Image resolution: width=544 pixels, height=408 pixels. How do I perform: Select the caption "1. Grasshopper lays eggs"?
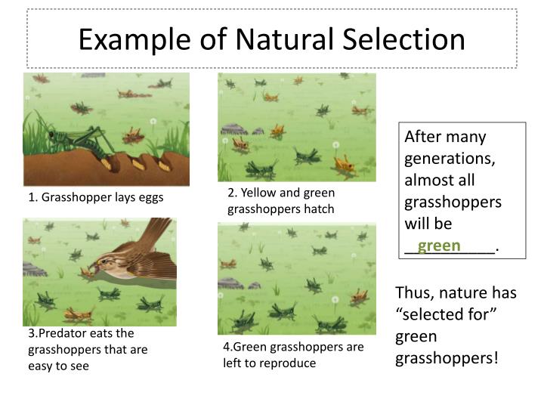point(96,198)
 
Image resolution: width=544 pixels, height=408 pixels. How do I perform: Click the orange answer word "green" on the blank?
point(439,246)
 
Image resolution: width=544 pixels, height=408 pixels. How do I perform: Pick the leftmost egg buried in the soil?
point(106,161)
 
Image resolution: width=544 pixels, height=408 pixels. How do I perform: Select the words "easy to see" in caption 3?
point(58,366)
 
